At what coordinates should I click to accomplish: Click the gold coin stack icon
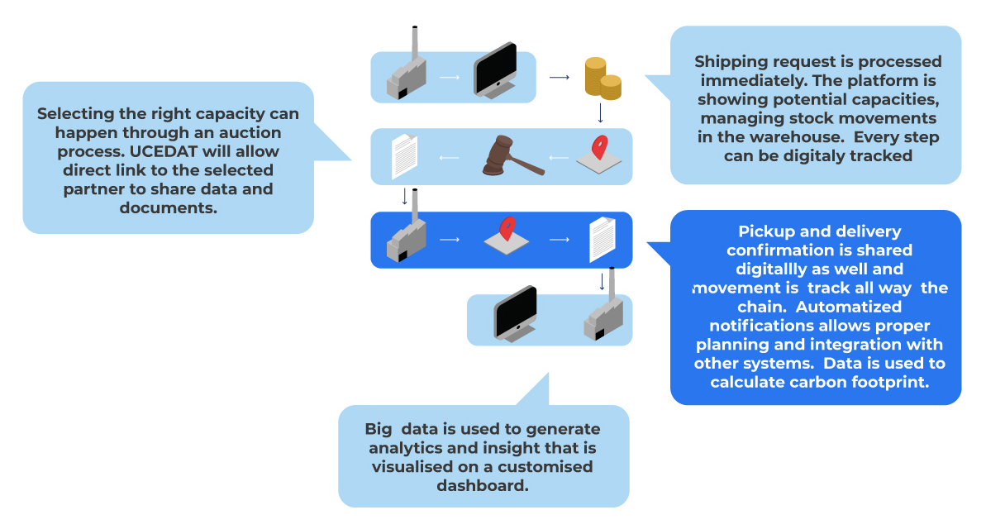pos(603,79)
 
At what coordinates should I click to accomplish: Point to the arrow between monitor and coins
pos(560,78)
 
